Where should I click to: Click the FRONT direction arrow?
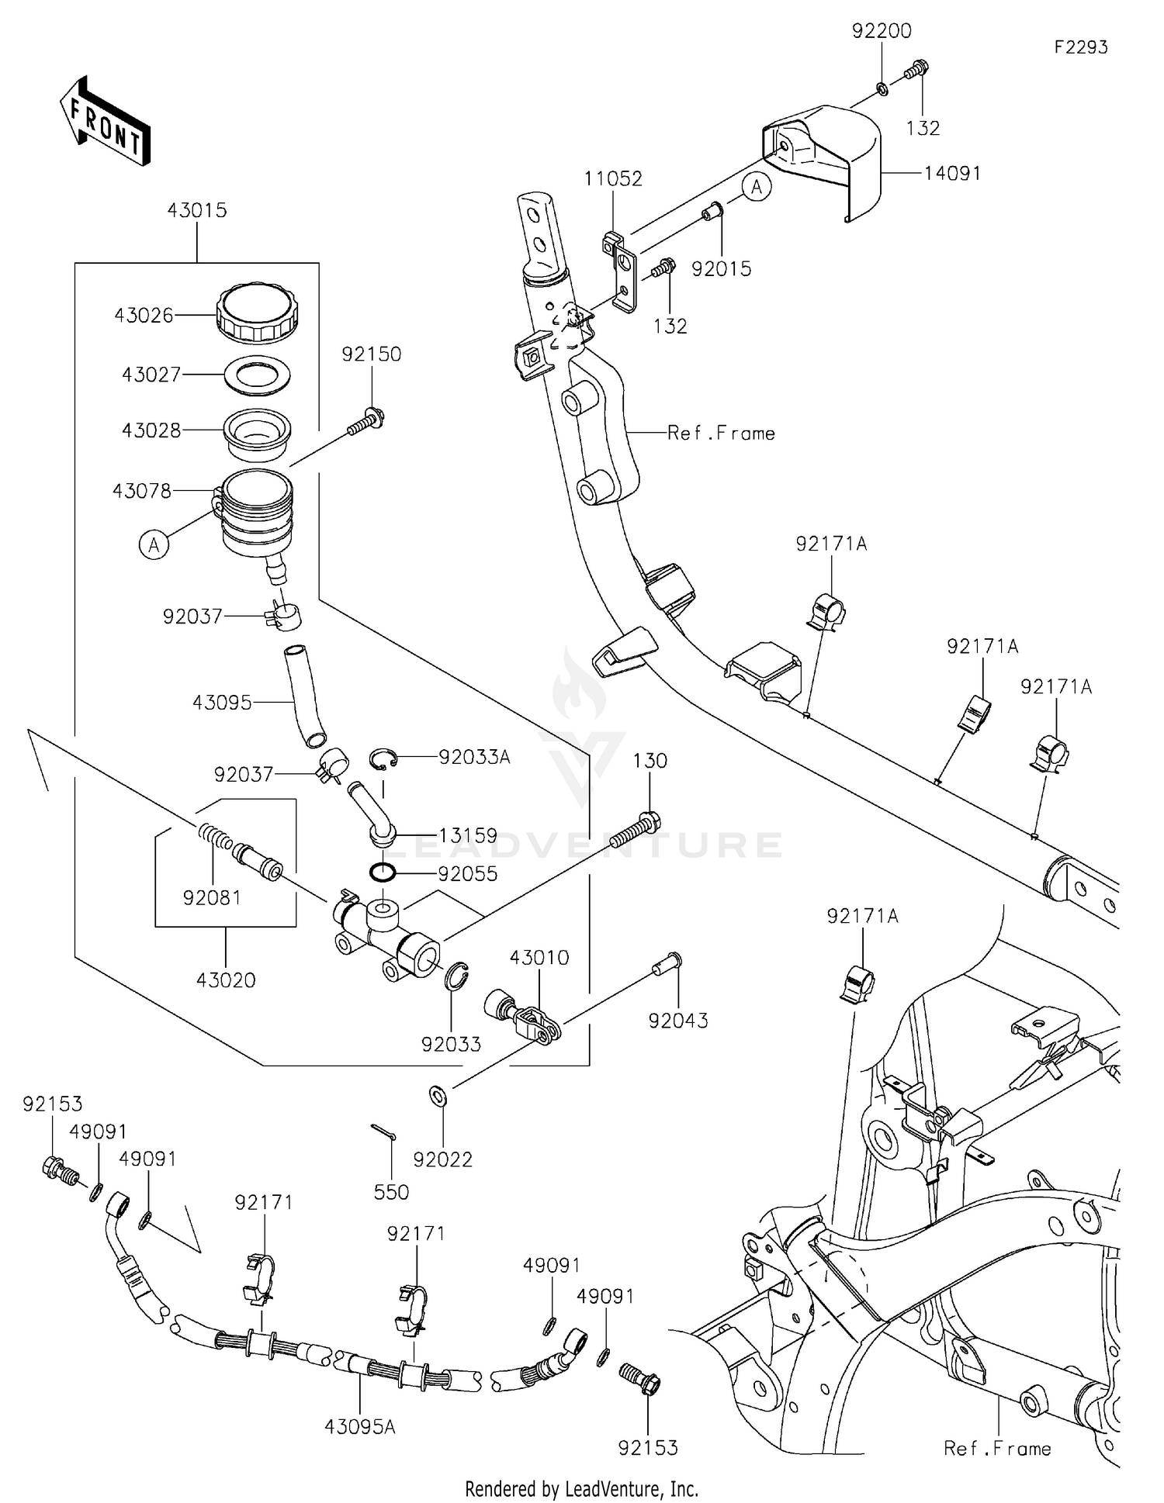[x=105, y=123]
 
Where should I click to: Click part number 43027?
[x=151, y=375]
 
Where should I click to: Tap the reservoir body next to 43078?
[x=256, y=516]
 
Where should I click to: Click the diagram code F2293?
[x=1080, y=47]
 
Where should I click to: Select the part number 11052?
[x=613, y=179]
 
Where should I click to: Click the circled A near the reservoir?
[x=154, y=545]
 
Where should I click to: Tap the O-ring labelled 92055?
[x=383, y=872]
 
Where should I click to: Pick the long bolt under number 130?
[x=634, y=831]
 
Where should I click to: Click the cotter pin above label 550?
[x=383, y=1132]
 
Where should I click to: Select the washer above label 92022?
[x=438, y=1097]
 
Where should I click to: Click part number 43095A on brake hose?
[x=360, y=1426]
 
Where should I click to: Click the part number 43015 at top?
[x=197, y=210]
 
